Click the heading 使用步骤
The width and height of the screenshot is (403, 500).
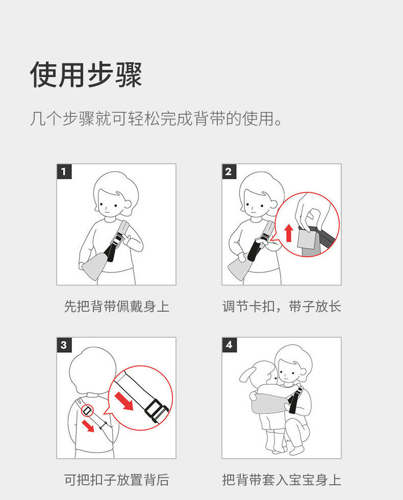[x=86, y=74]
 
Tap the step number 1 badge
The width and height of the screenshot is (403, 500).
[x=64, y=171]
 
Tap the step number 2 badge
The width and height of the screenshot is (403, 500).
[x=229, y=171]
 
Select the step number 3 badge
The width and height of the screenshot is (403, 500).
[x=64, y=345]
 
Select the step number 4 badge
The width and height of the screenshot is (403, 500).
[x=229, y=345]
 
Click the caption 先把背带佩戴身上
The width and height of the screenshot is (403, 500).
[x=117, y=307]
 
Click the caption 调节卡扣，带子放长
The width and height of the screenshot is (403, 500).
[x=282, y=307]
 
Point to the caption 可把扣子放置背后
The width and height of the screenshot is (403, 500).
[x=117, y=480]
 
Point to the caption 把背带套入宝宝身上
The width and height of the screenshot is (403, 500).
[x=282, y=480]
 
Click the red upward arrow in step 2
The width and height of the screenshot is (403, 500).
[x=289, y=233]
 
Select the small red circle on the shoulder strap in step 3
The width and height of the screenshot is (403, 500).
[x=87, y=411]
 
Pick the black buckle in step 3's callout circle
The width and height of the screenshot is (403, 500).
[x=156, y=410]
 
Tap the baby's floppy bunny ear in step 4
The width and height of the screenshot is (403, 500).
[x=247, y=373]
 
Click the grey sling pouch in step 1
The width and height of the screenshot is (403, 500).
[x=95, y=266]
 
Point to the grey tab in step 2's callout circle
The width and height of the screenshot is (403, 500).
[x=306, y=239]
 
